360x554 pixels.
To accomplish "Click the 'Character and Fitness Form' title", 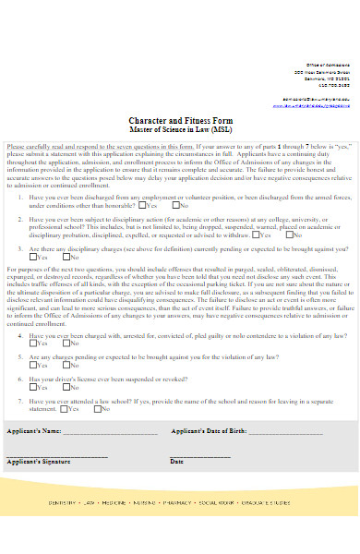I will point(182,121).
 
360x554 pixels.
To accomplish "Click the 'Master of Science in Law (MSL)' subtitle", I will point(182,130).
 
